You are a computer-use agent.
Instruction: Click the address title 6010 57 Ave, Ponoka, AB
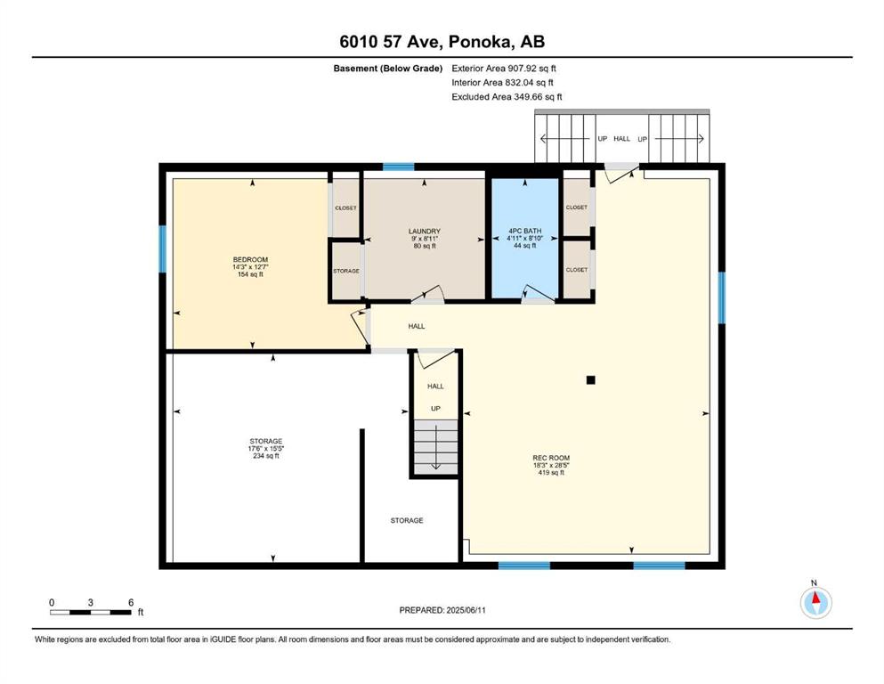click(x=442, y=42)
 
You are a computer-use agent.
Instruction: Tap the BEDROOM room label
click(x=250, y=260)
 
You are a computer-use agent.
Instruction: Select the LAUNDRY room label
click(x=425, y=232)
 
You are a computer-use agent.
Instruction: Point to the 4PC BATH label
click(x=525, y=231)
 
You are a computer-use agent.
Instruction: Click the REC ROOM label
click(x=551, y=458)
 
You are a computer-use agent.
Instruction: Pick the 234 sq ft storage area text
click(x=266, y=456)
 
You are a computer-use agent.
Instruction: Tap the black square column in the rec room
click(x=591, y=380)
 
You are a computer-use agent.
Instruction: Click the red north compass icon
click(x=815, y=603)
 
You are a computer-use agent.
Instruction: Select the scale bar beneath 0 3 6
click(x=90, y=612)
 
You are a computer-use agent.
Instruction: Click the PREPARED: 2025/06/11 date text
click(x=442, y=610)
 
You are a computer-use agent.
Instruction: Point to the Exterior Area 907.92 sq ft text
click(x=504, y=69)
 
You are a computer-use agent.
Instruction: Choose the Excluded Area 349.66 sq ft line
click(x=507, y=97)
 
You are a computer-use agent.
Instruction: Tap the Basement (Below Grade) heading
click(x=388, y=69)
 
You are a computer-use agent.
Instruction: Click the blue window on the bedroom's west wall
click(x=162, y=249)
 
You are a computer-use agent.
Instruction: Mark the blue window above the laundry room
click(x=399, y=167)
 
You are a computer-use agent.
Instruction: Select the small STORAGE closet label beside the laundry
click(x=346, y=272)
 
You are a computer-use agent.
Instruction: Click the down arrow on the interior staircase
click(x=436, y=446)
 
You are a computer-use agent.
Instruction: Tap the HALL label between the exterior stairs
click(x=622, y=139)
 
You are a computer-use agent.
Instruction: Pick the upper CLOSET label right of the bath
click(x=576, y=208)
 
